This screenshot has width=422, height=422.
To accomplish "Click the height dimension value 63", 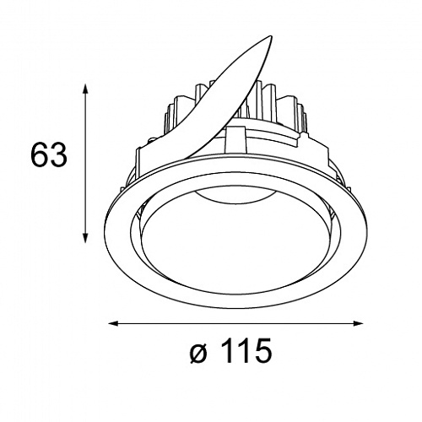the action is (49, 154).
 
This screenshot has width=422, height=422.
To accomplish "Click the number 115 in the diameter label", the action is (246, 350).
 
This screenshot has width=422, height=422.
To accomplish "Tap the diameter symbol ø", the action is (199, 354).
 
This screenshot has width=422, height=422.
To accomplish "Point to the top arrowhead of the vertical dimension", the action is (85, 89).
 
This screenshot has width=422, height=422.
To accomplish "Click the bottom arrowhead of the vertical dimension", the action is (85, 237).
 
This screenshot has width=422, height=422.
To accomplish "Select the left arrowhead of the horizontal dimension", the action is (114, 323).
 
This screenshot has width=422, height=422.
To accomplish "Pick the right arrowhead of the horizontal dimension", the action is (357, 323).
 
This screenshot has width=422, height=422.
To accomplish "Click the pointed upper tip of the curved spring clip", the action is (271, 36).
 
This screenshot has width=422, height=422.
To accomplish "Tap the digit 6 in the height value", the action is (39, 154).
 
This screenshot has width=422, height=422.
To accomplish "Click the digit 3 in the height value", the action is (58, 154).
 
